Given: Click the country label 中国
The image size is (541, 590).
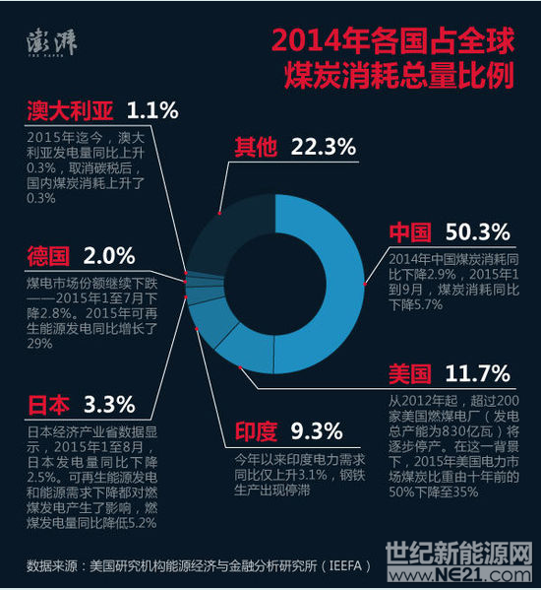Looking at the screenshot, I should click(410, 232).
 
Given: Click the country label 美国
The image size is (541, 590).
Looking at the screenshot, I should click(410, 374).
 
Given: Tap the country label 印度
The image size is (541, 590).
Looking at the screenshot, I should click(256, 431).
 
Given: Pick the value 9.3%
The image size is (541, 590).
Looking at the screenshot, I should click(317, 431).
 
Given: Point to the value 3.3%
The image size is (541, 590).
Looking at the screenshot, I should click(109, 405).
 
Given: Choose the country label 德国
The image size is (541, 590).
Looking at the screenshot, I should click(47, 258).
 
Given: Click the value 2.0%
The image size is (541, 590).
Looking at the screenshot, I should click(109, 257).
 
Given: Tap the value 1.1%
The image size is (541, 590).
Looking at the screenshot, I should click(153, 109).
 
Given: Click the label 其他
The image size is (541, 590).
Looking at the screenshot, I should click(256, 149).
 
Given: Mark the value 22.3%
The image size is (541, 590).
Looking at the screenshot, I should click(323, 149).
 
